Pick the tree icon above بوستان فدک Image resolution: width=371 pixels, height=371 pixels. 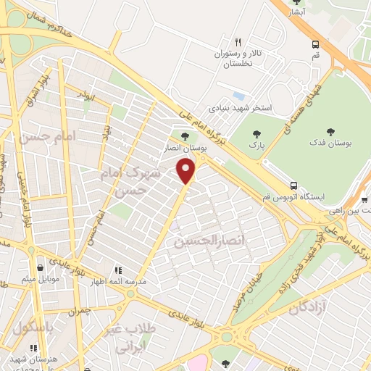pos(330,132)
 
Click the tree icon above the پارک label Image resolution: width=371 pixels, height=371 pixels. pos(255,133)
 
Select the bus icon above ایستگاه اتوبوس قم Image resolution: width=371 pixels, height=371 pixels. pos(293,185)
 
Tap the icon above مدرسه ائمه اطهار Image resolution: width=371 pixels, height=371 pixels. pos(119,270)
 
